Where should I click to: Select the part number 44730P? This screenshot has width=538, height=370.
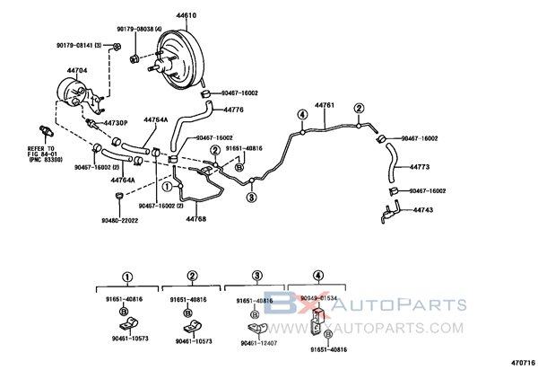pos(116,122)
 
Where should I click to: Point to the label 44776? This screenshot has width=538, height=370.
pos(233,110)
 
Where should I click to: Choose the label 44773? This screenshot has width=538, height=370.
pos(420,167)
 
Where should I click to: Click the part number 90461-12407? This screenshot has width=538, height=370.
pos(258,341)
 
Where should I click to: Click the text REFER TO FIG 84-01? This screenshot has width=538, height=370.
pos(40,150)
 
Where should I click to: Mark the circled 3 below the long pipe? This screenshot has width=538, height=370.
pos(251,198)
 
